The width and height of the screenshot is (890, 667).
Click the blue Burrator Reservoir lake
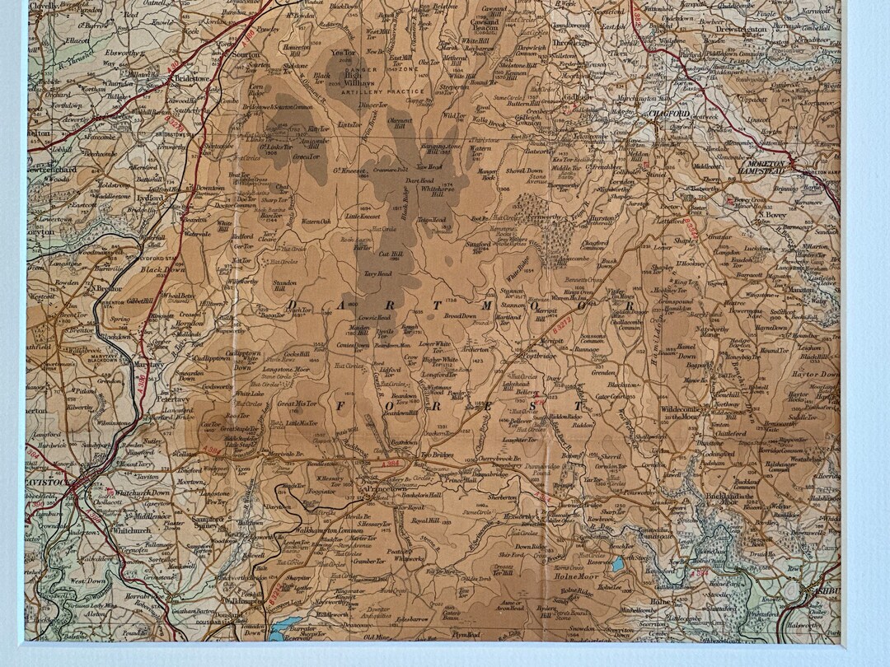(288, 626)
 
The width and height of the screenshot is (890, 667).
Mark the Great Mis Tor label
(297, 404)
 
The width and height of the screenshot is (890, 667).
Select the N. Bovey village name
(771, 214)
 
